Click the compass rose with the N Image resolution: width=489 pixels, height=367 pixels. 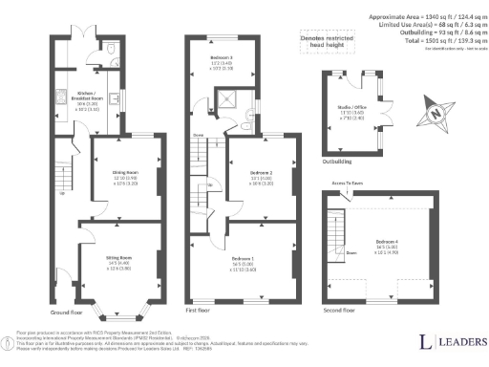click(x=437, y=114)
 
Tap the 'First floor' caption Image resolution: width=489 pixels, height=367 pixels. click(x=197, y=312)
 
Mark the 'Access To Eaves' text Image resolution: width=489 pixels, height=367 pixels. click(x=348, y=182)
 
